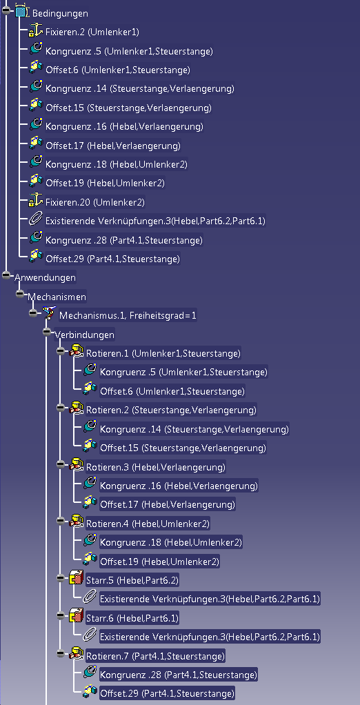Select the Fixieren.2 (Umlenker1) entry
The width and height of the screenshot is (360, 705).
coord(92,32)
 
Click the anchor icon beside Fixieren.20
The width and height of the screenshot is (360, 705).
coord(35,201)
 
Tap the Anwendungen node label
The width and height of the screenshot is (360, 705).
coord(45,277)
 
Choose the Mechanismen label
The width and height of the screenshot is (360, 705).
coord(57,297)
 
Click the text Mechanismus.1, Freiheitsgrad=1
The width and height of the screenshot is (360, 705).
coord(128,316)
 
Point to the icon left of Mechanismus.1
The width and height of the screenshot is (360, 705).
coord(48,313)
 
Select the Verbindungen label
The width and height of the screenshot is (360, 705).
coord(85,335)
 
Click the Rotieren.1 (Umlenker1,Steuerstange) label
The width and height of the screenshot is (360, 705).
coord(163,353)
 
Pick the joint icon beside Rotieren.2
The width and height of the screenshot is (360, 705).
coord(77,409)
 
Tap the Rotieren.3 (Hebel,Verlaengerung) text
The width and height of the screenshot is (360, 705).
coord(155,467)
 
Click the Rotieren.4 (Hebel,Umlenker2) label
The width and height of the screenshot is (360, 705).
coord(148,524)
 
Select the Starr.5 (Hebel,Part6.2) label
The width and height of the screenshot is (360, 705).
coord(132,580)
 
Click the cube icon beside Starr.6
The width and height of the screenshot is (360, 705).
coord(77,617)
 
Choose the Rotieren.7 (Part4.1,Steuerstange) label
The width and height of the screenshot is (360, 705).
coord(155,656)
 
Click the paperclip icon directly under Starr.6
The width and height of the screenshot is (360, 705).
coord(90,636)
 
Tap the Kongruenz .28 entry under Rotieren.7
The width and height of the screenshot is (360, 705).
coord(179,675)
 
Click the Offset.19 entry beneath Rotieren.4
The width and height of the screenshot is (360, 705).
coord(159,562)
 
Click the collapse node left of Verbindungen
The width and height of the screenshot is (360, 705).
coord(47,332)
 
